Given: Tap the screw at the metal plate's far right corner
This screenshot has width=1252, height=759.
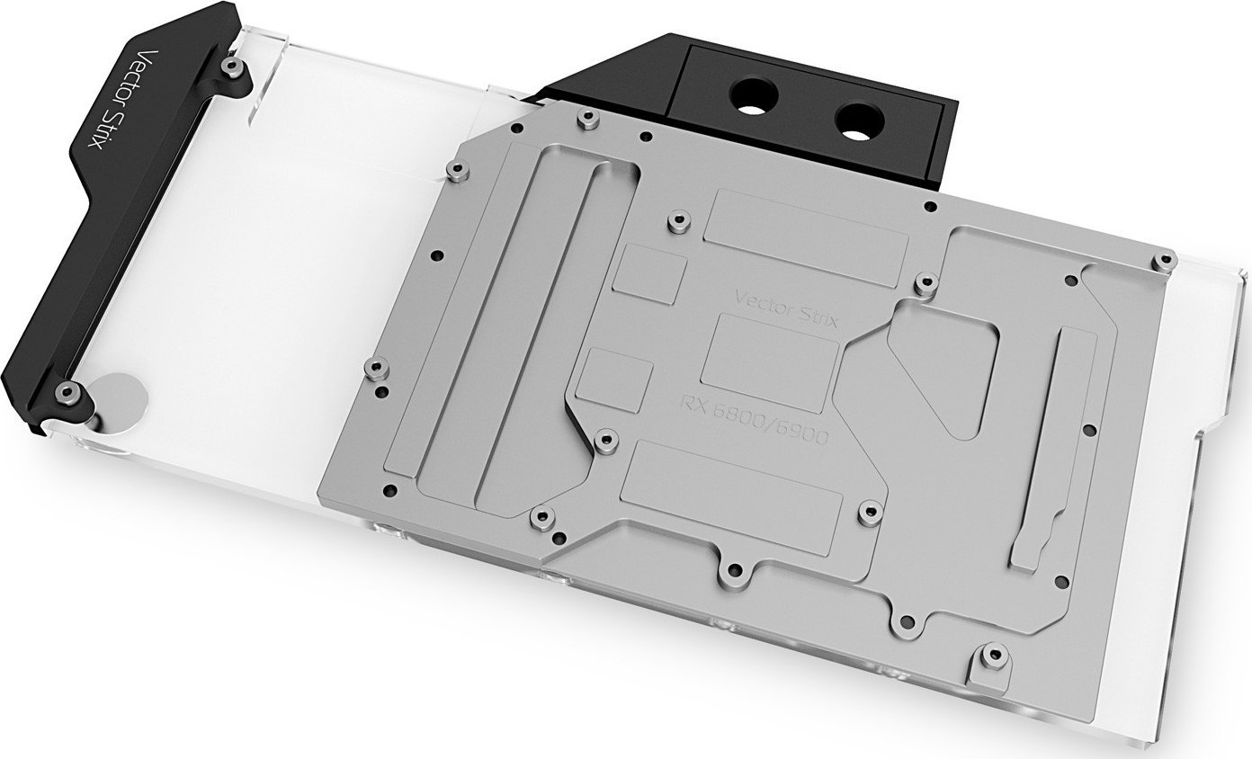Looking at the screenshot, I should (x=1165, y=261).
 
